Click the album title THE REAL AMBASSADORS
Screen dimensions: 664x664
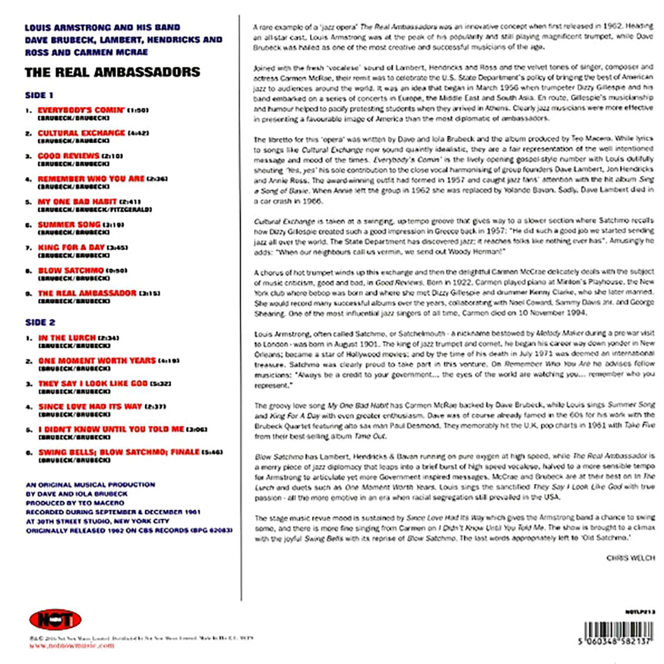click(x=112, y=72)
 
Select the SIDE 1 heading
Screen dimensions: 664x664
click(x=39, y=95)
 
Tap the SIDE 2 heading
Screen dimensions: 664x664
click(x=40, y=322)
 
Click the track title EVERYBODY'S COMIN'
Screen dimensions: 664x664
click(x=81, y=110)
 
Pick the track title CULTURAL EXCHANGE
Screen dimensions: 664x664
click(x=81, y=133)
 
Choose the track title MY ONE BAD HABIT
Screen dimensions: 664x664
click(x=77, y=202)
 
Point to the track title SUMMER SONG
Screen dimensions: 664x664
click(x=69, y=224)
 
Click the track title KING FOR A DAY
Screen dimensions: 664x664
click(x=71, y=247)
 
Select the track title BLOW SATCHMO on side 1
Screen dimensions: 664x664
click(x=71, y=270)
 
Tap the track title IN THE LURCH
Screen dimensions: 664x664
click(x=66, y=338)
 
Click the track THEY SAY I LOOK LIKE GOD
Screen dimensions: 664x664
click(x=93, y=383)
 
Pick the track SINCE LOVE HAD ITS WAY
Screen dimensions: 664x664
click(x=90, y=406)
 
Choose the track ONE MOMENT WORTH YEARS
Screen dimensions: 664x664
click(x=97, y=360)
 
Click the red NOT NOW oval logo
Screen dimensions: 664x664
click(x=55, y=619)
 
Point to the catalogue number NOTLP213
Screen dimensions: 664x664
click(x=640, y=612)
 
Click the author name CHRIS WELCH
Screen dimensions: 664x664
click(x=631, y=558)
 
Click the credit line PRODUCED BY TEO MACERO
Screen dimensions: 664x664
click(x=75, y=503)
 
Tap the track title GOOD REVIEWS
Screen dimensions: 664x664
click(x=68, y=156)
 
